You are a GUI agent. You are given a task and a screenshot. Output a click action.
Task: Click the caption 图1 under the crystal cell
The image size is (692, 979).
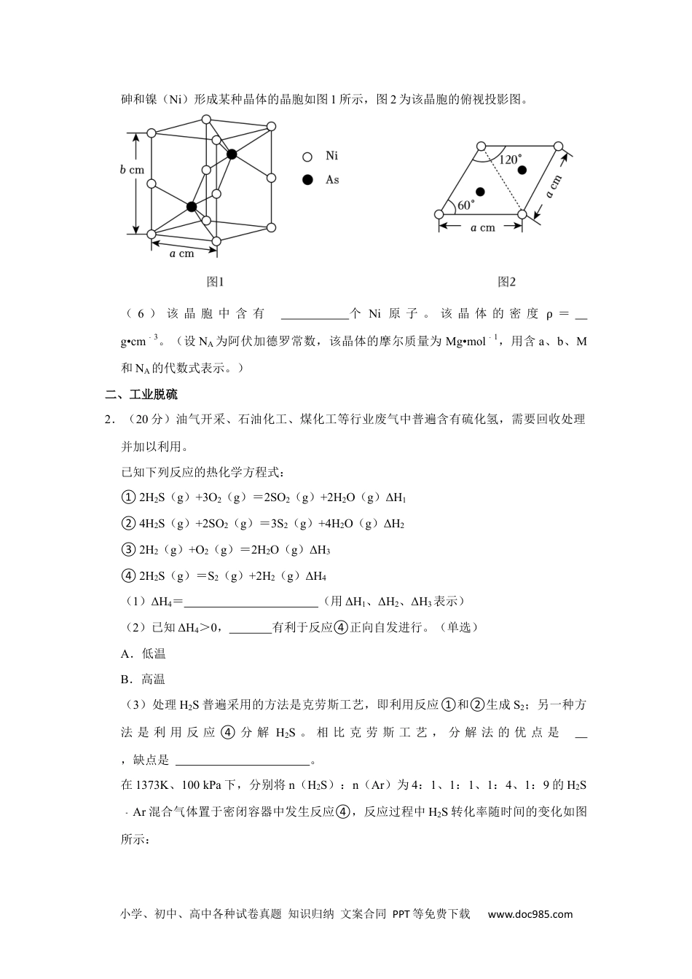tap(215, 282)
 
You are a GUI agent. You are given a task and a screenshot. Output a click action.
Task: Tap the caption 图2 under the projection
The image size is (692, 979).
tap(506, 282)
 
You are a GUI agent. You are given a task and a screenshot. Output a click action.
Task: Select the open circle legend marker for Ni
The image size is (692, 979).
tap(307, 157)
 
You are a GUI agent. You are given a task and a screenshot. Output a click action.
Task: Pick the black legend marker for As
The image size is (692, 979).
tap(307, 179)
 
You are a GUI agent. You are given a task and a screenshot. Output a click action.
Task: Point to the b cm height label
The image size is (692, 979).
tap(132, 170)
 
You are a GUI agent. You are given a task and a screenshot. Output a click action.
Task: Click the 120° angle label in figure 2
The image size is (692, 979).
tap(509, 160)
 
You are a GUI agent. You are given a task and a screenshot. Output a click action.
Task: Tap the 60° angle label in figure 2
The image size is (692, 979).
tap(465, 205)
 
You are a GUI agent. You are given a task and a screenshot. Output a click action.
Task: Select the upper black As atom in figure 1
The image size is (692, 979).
tap(232, 154)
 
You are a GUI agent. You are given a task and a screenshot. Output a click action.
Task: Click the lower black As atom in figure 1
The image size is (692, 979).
tap(192, 207)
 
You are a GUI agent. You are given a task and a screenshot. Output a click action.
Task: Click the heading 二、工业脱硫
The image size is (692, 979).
tap(141, 395)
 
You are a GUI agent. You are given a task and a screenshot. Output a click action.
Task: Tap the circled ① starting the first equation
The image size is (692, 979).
tap(128, 498)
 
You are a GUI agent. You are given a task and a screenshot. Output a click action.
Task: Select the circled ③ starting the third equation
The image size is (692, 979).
tap(128, 550)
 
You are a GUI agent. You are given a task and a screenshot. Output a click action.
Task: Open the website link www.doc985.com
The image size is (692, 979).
tap(530, 914)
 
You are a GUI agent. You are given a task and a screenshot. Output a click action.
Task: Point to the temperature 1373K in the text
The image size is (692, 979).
tap(151, 785)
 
